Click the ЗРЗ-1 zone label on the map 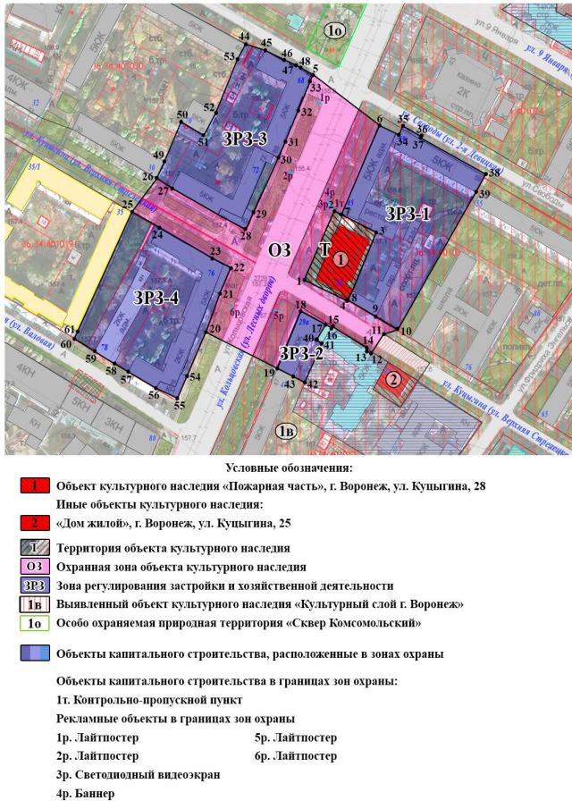click(408, 214)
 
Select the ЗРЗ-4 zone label click(156, 298)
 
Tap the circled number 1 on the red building click(342, 257)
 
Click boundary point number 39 click(485, 194)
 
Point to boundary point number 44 click(245, 36)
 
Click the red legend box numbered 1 click(35, 487)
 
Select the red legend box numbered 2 click(35, 523)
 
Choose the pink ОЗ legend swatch click(35, 567)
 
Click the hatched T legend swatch click(35, 548)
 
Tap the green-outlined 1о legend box click(35, 623)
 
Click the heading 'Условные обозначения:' click(289, 468)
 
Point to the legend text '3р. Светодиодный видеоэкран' click(138, 774)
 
